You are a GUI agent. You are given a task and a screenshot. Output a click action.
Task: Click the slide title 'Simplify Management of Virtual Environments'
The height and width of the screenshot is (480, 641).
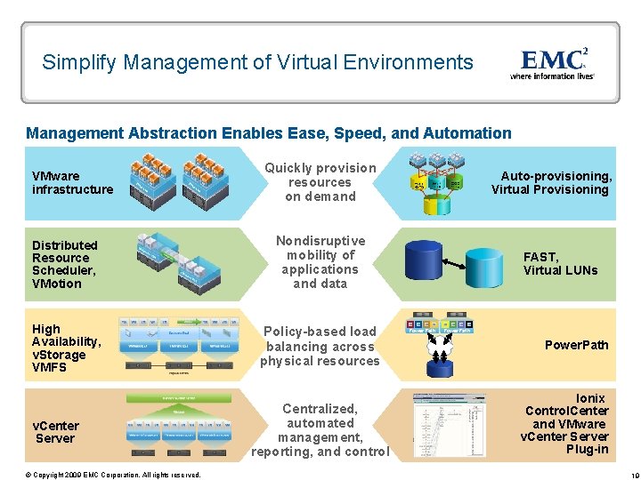[257, 62]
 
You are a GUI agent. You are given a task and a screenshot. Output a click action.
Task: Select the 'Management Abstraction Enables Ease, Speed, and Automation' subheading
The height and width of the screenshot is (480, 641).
[269, 133]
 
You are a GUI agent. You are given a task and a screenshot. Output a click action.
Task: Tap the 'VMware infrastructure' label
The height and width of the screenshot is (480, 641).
[72, 182]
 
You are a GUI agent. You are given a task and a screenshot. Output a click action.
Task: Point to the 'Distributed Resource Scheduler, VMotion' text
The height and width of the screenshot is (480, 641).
[65, 264]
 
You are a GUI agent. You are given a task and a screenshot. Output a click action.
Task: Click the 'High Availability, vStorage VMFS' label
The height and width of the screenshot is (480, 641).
[66, 348]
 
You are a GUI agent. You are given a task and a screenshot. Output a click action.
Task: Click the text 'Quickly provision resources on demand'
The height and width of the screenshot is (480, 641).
[320, 182]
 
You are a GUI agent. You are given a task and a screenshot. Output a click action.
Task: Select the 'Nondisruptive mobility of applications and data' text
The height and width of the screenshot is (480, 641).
[320, 262]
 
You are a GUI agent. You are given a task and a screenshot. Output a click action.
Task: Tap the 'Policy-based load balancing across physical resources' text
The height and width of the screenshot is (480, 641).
[320, 347]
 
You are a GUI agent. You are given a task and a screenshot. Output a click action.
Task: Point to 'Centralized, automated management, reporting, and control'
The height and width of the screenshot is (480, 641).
[320, 430]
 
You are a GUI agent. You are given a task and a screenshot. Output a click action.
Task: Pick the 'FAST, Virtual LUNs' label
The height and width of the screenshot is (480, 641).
[560, 264]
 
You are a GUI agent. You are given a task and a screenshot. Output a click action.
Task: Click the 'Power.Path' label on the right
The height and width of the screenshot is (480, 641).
[576, 345]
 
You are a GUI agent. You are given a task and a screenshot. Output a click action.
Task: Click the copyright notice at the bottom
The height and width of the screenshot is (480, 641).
[113, 475]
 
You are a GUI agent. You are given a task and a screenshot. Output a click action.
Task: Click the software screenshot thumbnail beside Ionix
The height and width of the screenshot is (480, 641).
[450, 425]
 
